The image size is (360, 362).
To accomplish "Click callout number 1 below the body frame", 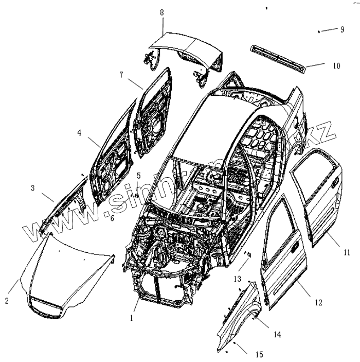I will click(x=131, y=318).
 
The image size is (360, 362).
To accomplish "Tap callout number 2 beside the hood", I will click(x=7, y=300).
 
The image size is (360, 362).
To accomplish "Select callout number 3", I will click(x=32, y=188).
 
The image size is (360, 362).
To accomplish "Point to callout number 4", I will click(x=80, y=132).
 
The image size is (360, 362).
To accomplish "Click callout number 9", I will click(x=341, y=29).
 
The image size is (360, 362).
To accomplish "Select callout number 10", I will click(x=336, y=65).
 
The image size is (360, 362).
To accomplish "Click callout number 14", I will click(x=277, y=334).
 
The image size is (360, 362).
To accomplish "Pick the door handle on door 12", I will click(x=296, y=248).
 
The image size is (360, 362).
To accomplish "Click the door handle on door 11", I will click(x=335, y=182).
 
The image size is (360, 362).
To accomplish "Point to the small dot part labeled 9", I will click(x=319, y=31).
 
